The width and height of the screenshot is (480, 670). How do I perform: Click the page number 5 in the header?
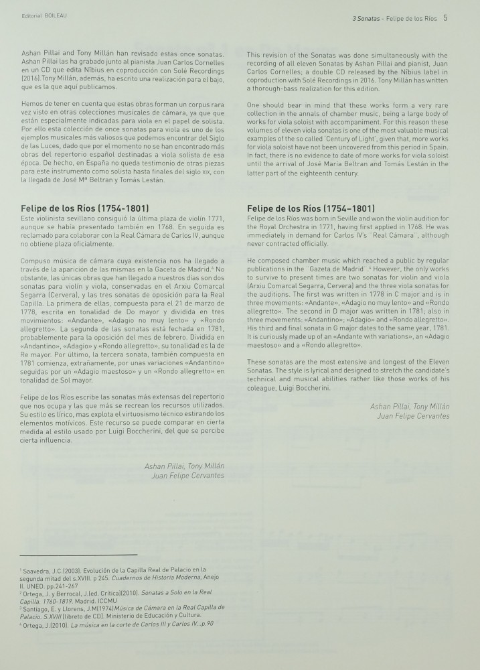[445, 18]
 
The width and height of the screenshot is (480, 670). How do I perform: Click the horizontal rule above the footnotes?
[78, 555]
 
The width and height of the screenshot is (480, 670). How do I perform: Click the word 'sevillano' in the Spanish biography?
[76, 220]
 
